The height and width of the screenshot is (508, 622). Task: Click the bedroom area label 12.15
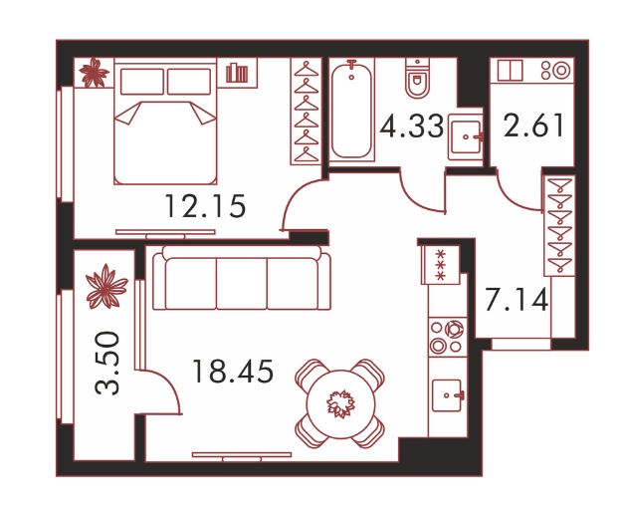coord(205,206)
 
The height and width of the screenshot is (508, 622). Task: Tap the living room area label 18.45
coord(233,372)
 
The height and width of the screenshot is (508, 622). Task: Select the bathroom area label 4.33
coord(411,126)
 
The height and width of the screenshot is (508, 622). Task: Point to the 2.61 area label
coord(534,126)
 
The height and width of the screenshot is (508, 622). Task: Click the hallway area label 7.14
coord(517,299)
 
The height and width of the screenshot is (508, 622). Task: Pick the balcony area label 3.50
coord(107,363)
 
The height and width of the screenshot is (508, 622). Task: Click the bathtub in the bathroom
coord(351,110)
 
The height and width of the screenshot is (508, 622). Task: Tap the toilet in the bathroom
coord(418,79)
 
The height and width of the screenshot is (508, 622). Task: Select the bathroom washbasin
coord(466,137)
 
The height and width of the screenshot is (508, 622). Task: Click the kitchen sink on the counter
coord(448,395)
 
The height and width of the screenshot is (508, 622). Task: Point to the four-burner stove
coord(448,337)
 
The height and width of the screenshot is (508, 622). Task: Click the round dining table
coord(340,404)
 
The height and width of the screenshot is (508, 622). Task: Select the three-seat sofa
coord(242,278)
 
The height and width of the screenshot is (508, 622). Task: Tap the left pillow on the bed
coord(142,82)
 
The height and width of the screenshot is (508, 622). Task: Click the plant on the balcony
coord(106,287)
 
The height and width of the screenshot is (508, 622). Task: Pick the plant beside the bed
coord(94,73)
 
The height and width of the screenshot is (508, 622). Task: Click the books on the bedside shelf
coord(237,73)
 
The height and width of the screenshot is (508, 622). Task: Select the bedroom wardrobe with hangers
coord(306,112)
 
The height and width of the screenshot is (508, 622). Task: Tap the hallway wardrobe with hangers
coord(559,225)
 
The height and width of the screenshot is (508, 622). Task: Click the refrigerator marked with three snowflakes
coord(441,265)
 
